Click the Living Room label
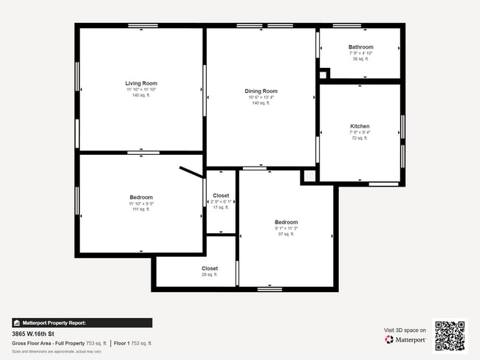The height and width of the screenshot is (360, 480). pos(141,83)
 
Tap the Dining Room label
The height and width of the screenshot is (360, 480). pos(261,91)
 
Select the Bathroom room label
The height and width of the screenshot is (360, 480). pos(361,47)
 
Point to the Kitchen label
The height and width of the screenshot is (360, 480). pos(360,126)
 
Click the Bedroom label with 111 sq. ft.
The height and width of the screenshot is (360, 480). pos(141,197)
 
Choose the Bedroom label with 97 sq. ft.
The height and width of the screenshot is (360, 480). pos(286,222)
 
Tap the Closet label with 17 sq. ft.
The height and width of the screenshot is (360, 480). pos(221,195)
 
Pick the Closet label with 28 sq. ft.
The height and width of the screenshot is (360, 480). pos(210,269)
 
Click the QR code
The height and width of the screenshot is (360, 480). pos(450,336)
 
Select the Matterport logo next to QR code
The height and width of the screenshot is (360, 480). pos(405,340)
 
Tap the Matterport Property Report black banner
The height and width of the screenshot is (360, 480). pos(82,322)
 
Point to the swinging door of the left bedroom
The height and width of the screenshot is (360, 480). pos(191,172)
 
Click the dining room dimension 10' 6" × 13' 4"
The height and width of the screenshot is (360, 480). pos(261,97)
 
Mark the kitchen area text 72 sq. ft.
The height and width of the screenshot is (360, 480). pos(360,138)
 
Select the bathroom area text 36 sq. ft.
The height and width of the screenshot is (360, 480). pos(361,59)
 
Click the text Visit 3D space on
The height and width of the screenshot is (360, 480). pos(405,330)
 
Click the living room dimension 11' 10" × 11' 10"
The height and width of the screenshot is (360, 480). pos(141,89)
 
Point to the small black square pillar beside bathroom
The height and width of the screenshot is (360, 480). pos(323,74)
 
